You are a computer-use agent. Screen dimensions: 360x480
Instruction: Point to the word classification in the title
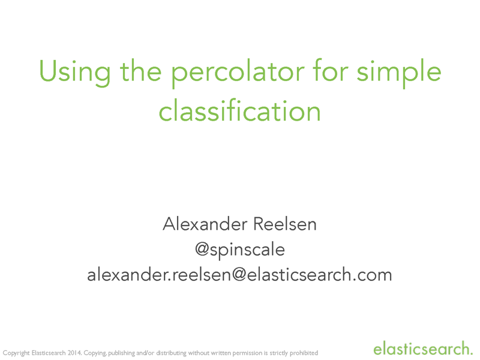[240, 112]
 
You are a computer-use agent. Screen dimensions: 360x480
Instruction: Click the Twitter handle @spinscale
[240, 249]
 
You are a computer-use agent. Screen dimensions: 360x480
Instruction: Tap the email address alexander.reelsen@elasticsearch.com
[240, 275]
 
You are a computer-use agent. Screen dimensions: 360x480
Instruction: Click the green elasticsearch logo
[423, 348]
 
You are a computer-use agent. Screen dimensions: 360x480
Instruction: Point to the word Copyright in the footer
[16, 353]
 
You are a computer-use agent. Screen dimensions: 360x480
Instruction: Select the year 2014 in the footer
[73, 353]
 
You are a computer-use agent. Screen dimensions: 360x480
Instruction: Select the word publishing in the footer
[124, 353]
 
